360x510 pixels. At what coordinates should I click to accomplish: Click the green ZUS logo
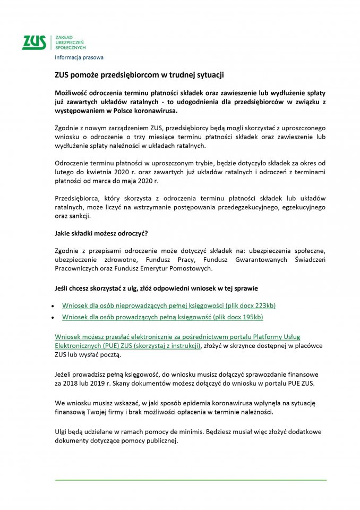(x=34, y=42)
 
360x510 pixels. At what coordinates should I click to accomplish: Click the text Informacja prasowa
(x=79, y=57)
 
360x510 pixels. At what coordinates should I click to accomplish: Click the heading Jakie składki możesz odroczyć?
(x=101, y=233)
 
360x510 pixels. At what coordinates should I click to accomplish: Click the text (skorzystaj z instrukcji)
(x=167, y=345)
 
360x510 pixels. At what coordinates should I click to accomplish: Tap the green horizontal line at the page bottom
(x=191, y=480)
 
